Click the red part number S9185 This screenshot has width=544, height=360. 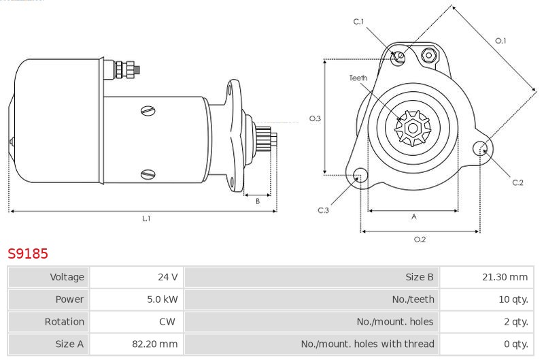(28, 254)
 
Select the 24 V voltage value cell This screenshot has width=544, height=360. (167, 277)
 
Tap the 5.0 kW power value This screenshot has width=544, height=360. (162, 299)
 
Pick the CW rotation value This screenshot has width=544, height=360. (167, 321)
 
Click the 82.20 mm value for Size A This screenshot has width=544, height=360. (155, 344)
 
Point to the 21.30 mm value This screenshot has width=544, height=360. (505, 277)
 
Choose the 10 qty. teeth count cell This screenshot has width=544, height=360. (513, 299)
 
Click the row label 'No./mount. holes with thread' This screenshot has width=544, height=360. (367, 344)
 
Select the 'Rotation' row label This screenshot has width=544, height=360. (64, 322)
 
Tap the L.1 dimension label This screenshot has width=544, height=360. (146, 218)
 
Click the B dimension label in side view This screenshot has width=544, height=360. (258, 201)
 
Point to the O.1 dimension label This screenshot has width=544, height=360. (500, 41)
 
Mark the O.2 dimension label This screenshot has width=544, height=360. (420, 240)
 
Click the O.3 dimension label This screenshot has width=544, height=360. (315, 118)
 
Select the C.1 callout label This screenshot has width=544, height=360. (358, 22)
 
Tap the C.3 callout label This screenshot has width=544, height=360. (323, 210)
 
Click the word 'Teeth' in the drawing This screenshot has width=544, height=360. (358, 78)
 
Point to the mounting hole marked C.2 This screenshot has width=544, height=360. (480, 148)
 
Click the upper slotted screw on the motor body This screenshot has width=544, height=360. (148, 111)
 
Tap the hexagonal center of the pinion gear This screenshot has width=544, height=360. (413, 128)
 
